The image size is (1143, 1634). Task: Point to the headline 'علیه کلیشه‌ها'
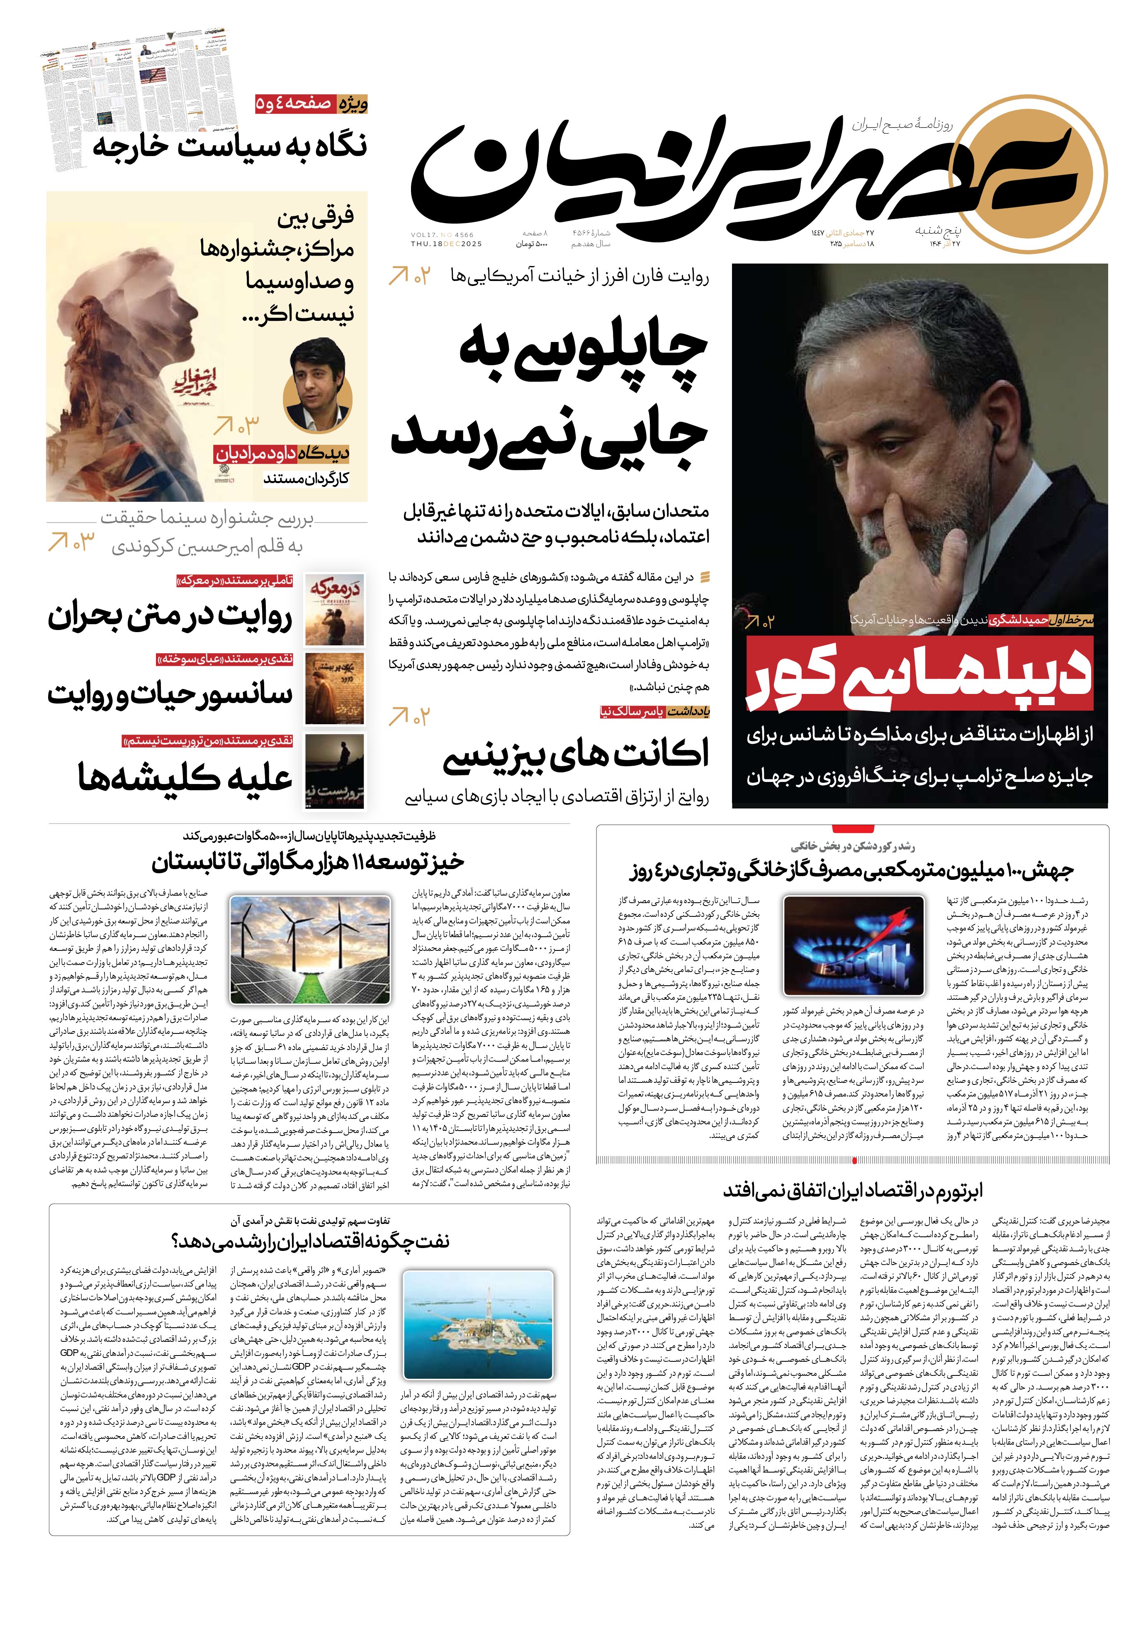point(185,777)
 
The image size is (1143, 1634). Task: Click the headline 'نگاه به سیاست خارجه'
point(230,146)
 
